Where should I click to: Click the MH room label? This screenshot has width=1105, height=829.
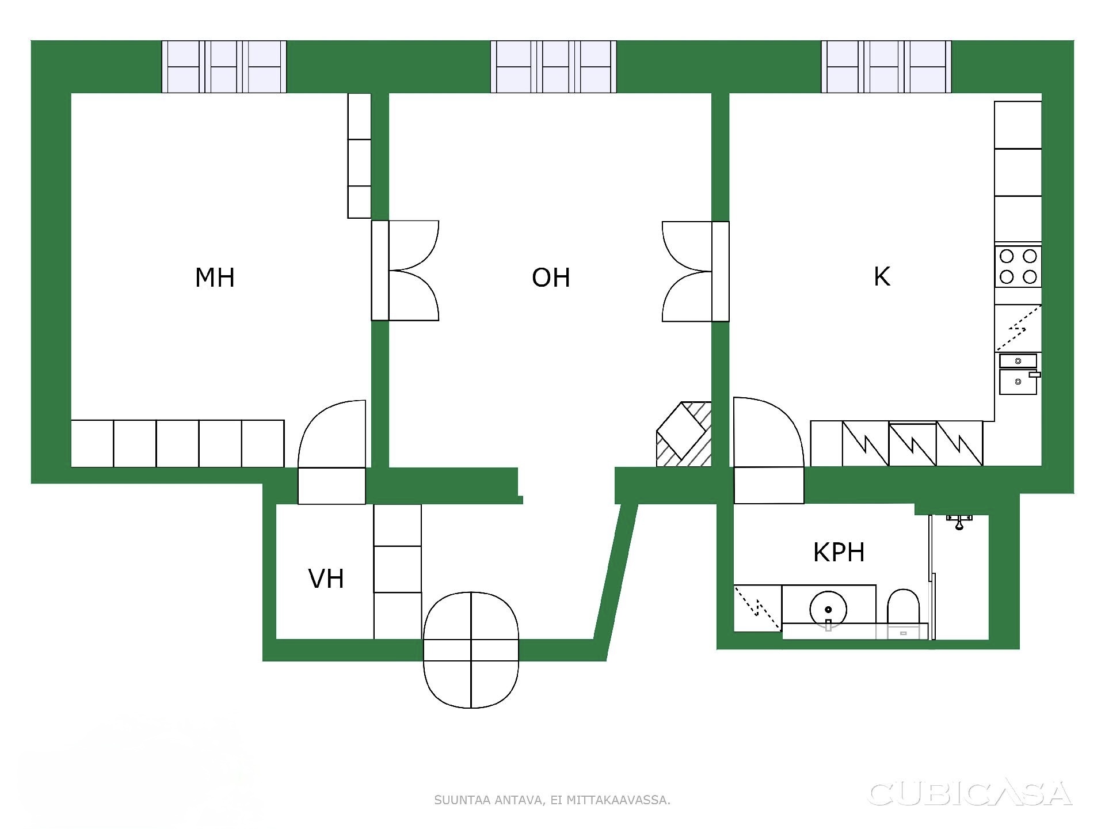(215, 277)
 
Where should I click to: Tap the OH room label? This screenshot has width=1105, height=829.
(551, 277)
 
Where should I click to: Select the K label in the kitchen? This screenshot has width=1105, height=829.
(882, 277)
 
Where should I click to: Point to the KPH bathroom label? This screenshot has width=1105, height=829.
(839, 552)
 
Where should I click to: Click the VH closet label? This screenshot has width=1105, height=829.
(326, 579)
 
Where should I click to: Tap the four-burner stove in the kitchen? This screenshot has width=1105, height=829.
(1018, 267)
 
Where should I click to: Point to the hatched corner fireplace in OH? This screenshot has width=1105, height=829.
(684, 434)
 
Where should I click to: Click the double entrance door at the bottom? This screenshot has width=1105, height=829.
(471, 649)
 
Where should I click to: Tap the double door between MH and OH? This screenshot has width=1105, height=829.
(405, 271)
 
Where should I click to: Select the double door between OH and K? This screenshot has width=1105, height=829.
(695, 271)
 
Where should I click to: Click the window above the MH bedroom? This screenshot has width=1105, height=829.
(224, 67)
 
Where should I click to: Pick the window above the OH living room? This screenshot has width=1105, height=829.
(554, 67)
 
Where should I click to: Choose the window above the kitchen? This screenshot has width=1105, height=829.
(886, 67)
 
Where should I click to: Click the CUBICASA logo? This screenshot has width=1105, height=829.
(970, 793)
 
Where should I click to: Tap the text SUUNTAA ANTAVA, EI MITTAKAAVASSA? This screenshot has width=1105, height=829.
(552, 800)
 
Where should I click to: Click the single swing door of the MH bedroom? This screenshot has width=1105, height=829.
(331, 452)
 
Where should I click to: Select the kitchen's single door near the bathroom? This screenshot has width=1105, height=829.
(768, 450)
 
